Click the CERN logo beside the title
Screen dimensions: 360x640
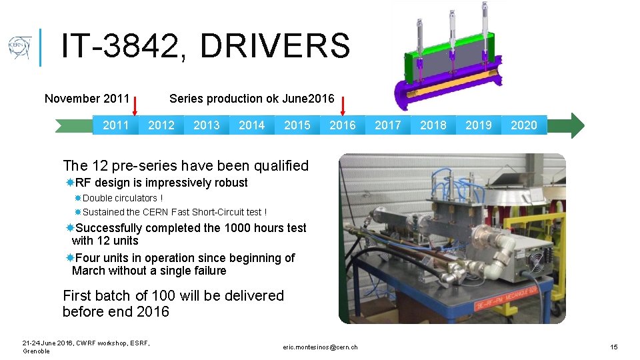pos(19,48)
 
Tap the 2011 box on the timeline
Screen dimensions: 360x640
pos(116,125)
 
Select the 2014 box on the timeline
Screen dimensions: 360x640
pos(252,125)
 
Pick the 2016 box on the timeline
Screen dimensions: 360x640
pos(343,125)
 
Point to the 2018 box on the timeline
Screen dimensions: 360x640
pos(433,125)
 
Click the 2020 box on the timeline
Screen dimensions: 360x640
pos(524,125)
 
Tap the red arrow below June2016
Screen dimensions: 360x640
pos(343,105)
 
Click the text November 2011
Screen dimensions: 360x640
pos(87,99)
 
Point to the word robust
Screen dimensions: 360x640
pos(230,183)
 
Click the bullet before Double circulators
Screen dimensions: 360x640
pos(78,198)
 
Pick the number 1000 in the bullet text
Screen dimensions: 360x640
pos(237,228)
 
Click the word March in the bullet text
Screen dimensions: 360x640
pos(87,271)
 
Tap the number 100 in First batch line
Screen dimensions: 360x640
pos(165,295)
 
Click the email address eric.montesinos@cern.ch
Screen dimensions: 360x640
pos(320,347)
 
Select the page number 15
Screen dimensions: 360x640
pos(614,347)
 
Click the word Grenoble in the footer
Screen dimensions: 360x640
pos(37,351)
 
